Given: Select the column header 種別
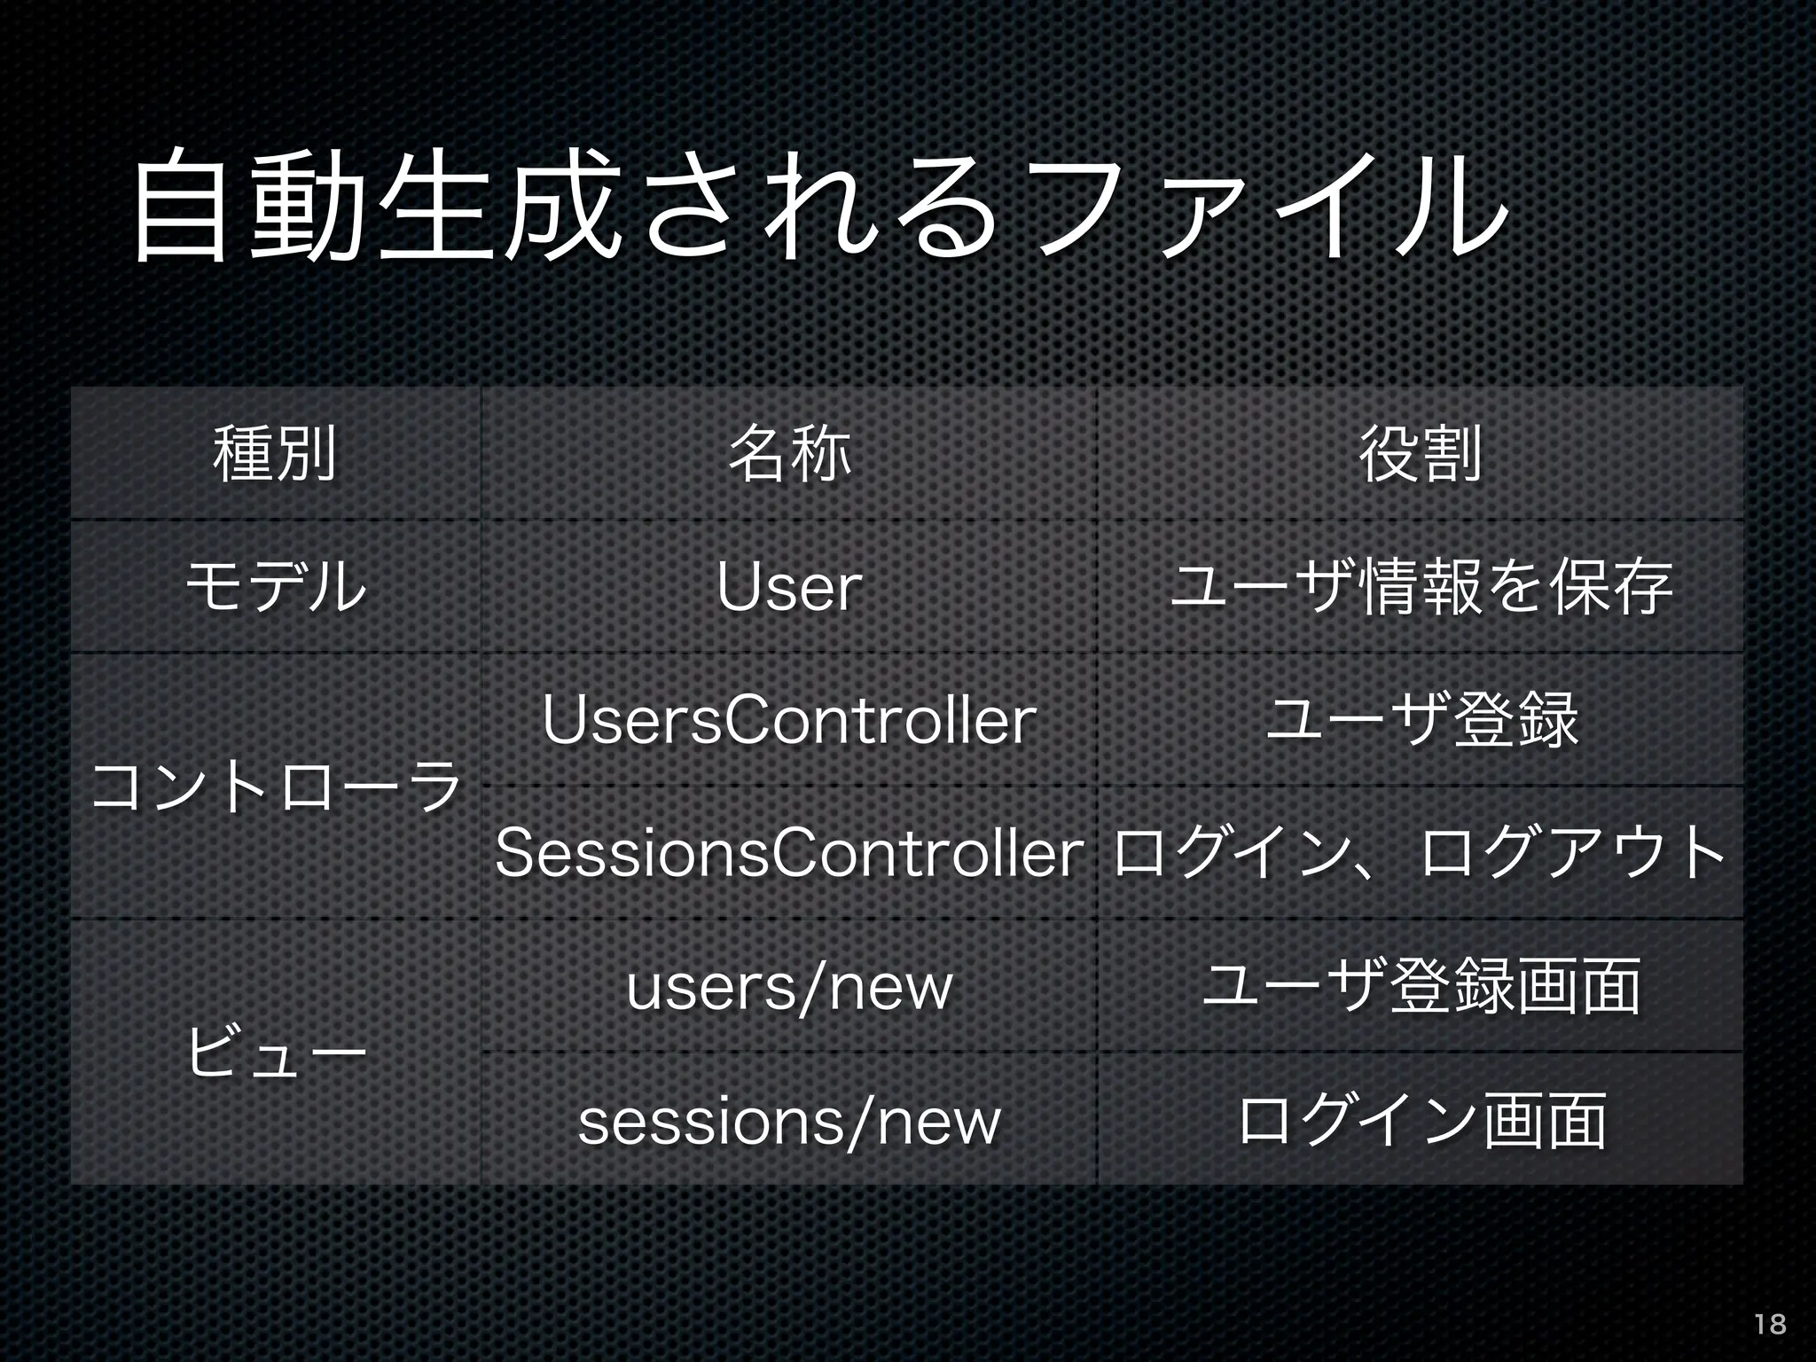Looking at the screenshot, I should click(x=275, y=454).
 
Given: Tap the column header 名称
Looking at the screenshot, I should click(x=788, y=454).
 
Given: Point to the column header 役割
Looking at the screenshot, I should click(x=1420, y=454).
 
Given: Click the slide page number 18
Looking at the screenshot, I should click(x=1770, y=1324).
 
